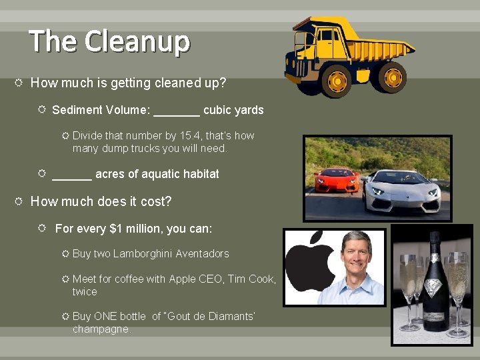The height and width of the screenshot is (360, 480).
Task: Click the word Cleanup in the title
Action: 137,41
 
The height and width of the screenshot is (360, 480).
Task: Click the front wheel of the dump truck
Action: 338,81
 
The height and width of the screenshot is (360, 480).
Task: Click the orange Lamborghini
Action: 336,180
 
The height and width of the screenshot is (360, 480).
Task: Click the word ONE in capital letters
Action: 105,316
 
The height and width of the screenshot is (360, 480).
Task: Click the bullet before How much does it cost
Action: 19,201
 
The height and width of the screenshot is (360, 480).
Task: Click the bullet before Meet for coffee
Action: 65,279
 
